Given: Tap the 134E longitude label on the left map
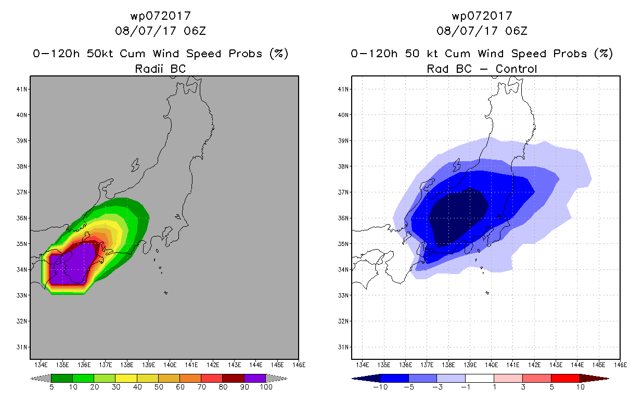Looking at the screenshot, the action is pos(41,365).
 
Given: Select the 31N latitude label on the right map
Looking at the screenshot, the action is pos(343,347).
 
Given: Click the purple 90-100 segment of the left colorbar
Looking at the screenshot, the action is pos(255,378).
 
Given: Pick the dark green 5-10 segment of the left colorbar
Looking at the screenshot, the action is pos(62,378).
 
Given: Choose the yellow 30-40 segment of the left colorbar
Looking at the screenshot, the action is pos(126,378).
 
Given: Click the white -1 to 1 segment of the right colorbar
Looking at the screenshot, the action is pos(480,378).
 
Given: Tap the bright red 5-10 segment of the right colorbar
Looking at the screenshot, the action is pos(565,378).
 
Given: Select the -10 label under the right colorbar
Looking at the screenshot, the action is pos(380,387).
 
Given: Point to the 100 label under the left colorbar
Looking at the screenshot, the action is pos(266,387).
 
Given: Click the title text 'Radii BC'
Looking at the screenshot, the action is pos(160,69).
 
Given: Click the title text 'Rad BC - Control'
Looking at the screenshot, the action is pos(482,69).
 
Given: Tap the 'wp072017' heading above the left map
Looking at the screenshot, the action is pos(160,16).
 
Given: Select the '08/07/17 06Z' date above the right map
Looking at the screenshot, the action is pos(482,31).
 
